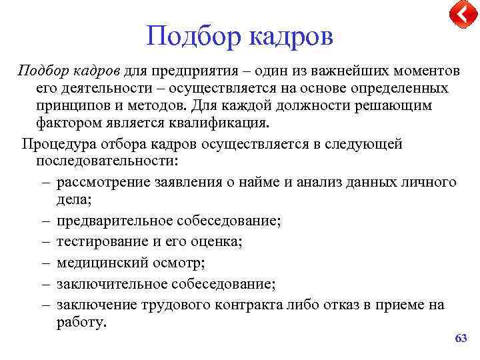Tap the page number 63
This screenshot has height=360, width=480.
461,339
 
